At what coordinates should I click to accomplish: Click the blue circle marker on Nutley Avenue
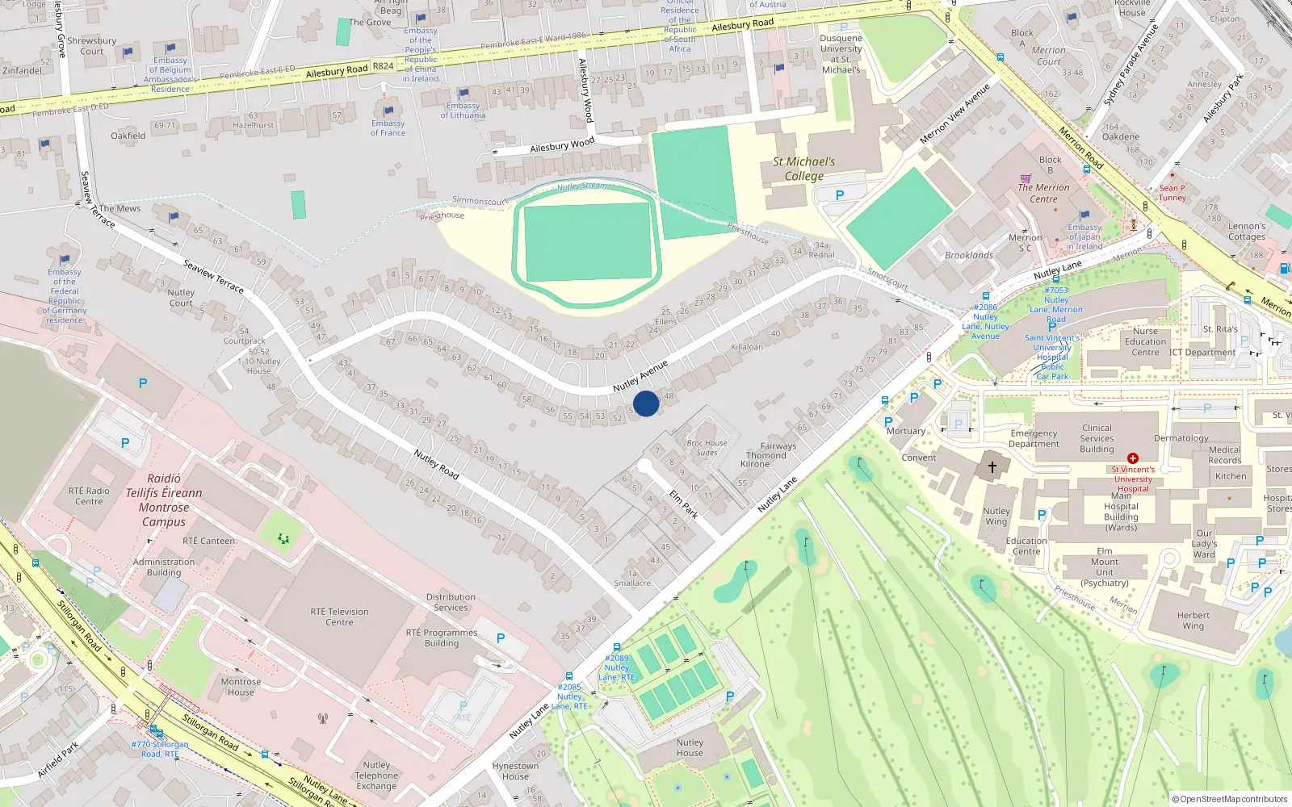(646, 403)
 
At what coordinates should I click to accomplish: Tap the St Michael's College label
(803, 169)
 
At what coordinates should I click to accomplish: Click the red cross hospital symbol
(1132, 458)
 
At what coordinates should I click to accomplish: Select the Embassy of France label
(388, 128)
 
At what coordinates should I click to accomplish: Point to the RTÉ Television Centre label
(339, 617)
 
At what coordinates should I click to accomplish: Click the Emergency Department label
(1034, 438)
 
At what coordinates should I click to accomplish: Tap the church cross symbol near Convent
(992, 466)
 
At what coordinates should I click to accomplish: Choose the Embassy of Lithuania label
(463, 111)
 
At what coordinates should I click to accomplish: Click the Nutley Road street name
(436, 465)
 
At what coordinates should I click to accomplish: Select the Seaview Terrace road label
(213, 275)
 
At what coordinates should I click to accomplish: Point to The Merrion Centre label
(1043, 193)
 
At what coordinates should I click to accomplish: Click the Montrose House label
(241, 687)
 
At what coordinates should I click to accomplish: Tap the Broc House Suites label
(707, 448)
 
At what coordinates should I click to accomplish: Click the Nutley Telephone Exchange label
(376, 776)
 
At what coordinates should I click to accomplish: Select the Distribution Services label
(451, 602)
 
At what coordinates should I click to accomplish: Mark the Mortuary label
(906, 431)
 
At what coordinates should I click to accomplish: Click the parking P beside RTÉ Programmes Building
(501, 638)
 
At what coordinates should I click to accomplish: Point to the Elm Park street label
(684, 504)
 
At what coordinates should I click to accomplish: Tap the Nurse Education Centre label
(1145, 341)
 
